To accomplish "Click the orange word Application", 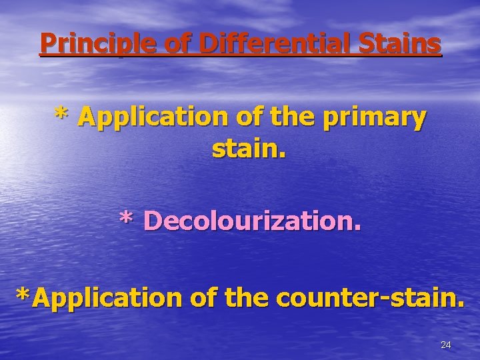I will (x=153, y=118).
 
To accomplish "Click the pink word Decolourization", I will (x=252, y=221).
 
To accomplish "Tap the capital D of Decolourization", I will (x=152, y=221).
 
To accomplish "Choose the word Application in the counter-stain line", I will (x=106, y=298).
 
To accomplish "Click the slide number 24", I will (x=446, y=345).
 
